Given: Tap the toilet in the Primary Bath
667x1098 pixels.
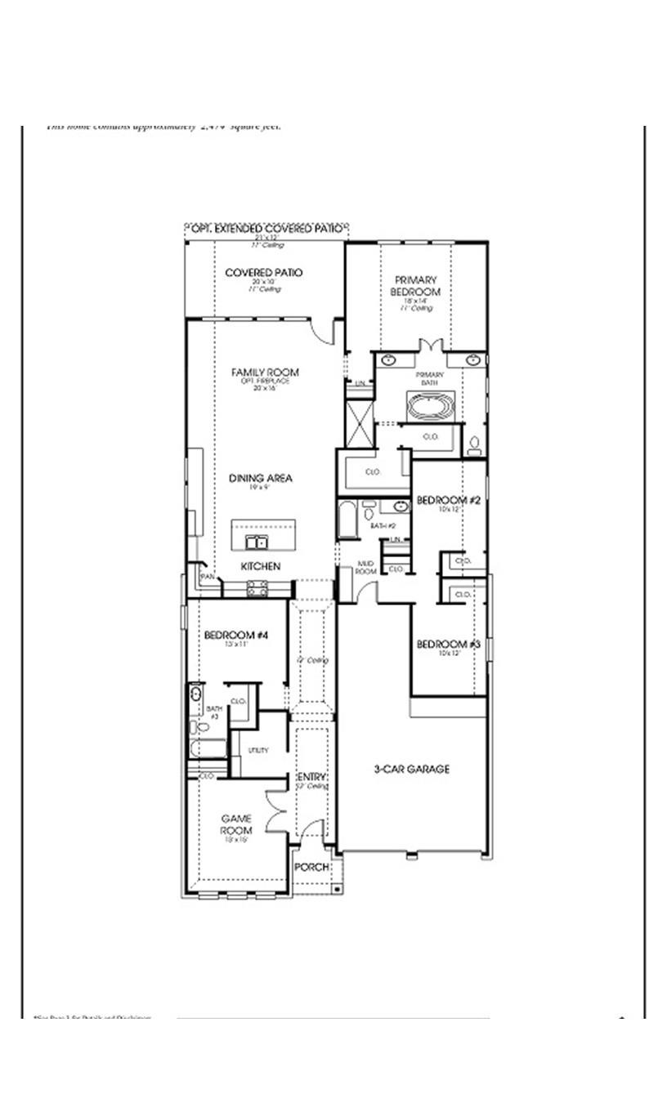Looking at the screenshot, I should click(474, 446).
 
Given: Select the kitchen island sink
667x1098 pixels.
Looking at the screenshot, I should click(255, 542).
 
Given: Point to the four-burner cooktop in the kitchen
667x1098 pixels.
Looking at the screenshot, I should click(257, 587).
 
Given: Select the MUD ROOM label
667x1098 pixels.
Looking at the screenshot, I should click(365, 568).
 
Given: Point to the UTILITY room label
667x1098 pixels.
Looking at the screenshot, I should click(258, 750).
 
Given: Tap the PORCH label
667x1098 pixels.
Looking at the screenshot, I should click(311, 867).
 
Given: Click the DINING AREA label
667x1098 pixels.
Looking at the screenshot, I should click(260, 479).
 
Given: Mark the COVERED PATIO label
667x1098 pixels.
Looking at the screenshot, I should click(264, 273).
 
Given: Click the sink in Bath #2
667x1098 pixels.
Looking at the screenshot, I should click(401, 507).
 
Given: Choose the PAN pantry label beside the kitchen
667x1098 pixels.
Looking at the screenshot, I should click(208, 576).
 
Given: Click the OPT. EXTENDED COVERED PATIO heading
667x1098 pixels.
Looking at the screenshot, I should click(266, 230).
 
